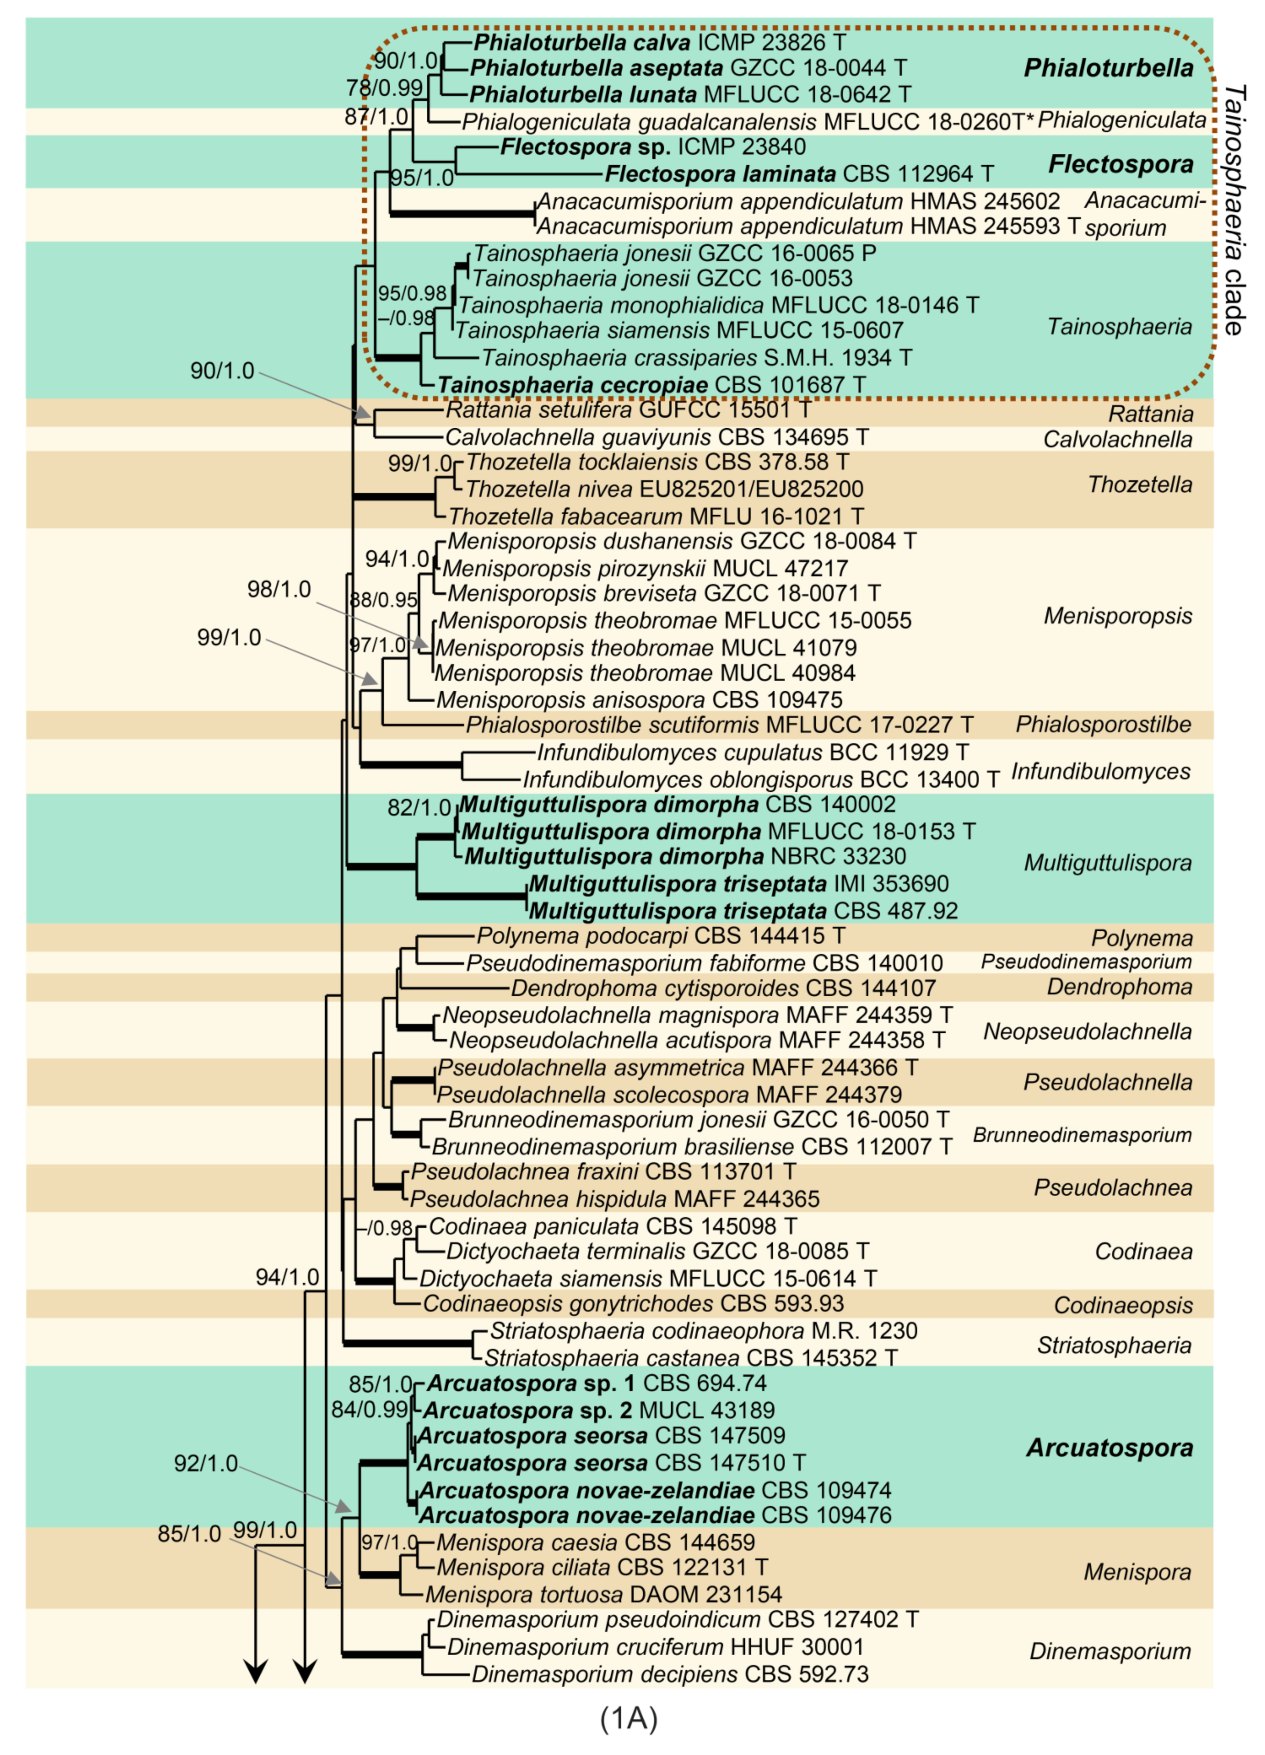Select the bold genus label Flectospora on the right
pos(1120,164)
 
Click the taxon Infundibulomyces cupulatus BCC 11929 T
pos(752,752)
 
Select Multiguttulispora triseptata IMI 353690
pos(739,884)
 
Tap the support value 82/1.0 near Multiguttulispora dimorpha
pos(419,808)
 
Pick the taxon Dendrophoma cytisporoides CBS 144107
pos(723,988)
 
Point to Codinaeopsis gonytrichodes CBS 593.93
pos(633,1304)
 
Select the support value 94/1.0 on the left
pos(287,1277)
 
